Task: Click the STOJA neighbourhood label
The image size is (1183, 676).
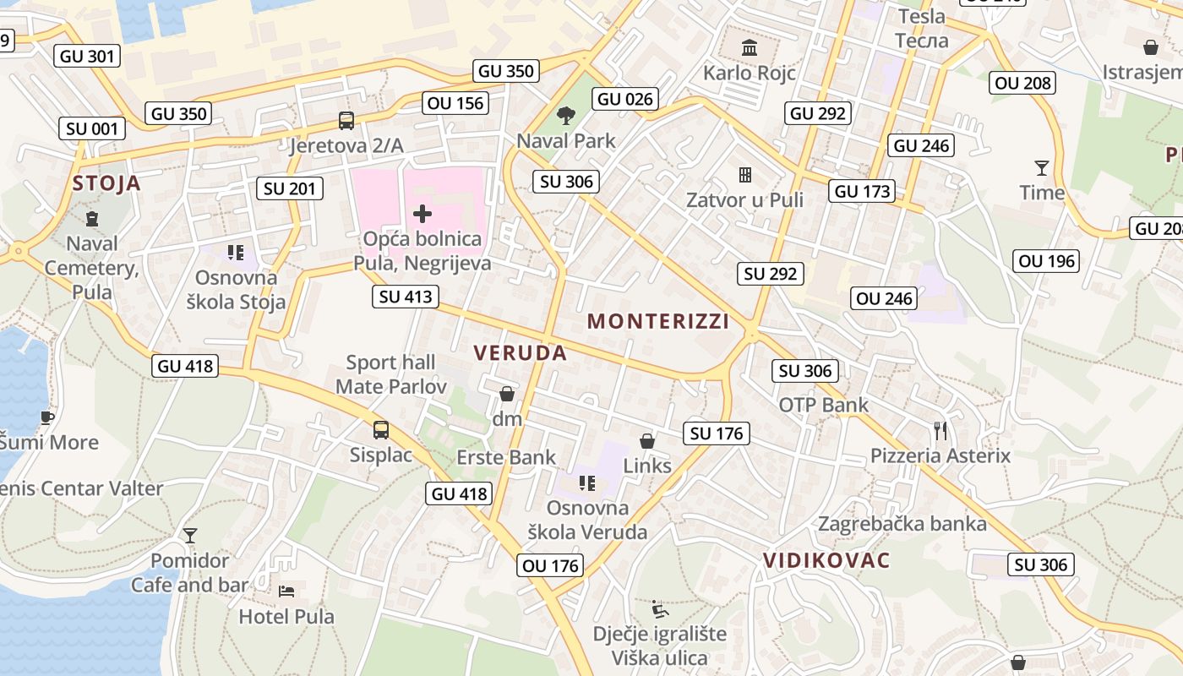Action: click(x=106, y=183)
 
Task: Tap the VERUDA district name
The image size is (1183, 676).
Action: click(x=520, y=353)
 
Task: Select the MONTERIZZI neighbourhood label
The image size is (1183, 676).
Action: click(x=658, y=321)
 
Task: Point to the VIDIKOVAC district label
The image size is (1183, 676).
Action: click(x=826, y=560)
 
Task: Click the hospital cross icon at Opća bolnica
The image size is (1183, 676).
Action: click(x=422, y=214)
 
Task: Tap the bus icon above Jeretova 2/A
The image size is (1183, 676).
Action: click(x=346, y=121)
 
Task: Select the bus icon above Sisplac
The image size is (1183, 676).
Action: click(x=381, y=430)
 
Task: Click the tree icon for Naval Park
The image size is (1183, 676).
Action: click(x=565, y=115)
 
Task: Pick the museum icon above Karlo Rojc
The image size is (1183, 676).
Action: click(x=749, y=46)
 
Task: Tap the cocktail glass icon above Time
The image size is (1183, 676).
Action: click(x=1041, y=168)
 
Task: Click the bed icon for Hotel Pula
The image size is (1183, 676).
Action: click(x=286, y=591)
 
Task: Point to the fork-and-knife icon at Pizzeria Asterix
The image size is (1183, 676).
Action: click(x=940, y=431)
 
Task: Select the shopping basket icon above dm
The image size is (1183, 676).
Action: click(x=507, y=394)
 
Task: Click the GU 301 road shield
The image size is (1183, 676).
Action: click(x=87, y=57)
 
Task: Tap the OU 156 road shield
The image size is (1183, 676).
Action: click(x=456, y=103)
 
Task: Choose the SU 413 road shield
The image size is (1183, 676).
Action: click(x=406, y=297)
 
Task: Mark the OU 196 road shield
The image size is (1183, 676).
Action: click(x=1047, y=261)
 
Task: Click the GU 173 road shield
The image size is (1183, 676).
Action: click(x=863, y=191)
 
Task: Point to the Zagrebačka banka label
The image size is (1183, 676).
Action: click(x=902, y=524)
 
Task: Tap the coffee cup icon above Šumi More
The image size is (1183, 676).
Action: click(x=47, y=417)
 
